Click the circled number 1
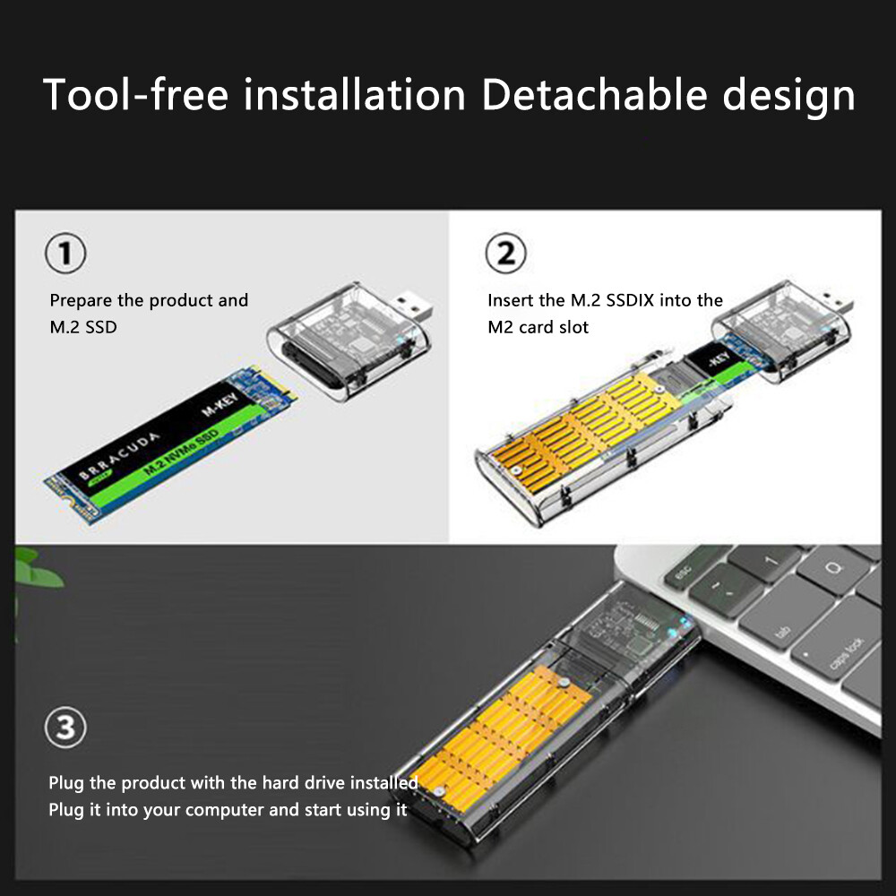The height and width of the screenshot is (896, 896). [x=65, y=253]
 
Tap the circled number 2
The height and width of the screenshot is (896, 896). [x=505, y=253]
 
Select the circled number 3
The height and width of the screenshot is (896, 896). [x=65, y=728]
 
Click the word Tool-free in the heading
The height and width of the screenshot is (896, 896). [x=136, y=94]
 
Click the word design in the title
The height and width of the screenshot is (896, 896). [x=789, y=97]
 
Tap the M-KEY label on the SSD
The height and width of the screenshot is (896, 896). [x=220, y=403]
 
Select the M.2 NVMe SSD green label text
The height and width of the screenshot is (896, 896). [x=181, y=451]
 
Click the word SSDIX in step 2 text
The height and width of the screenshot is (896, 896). [x=629, y=300]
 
